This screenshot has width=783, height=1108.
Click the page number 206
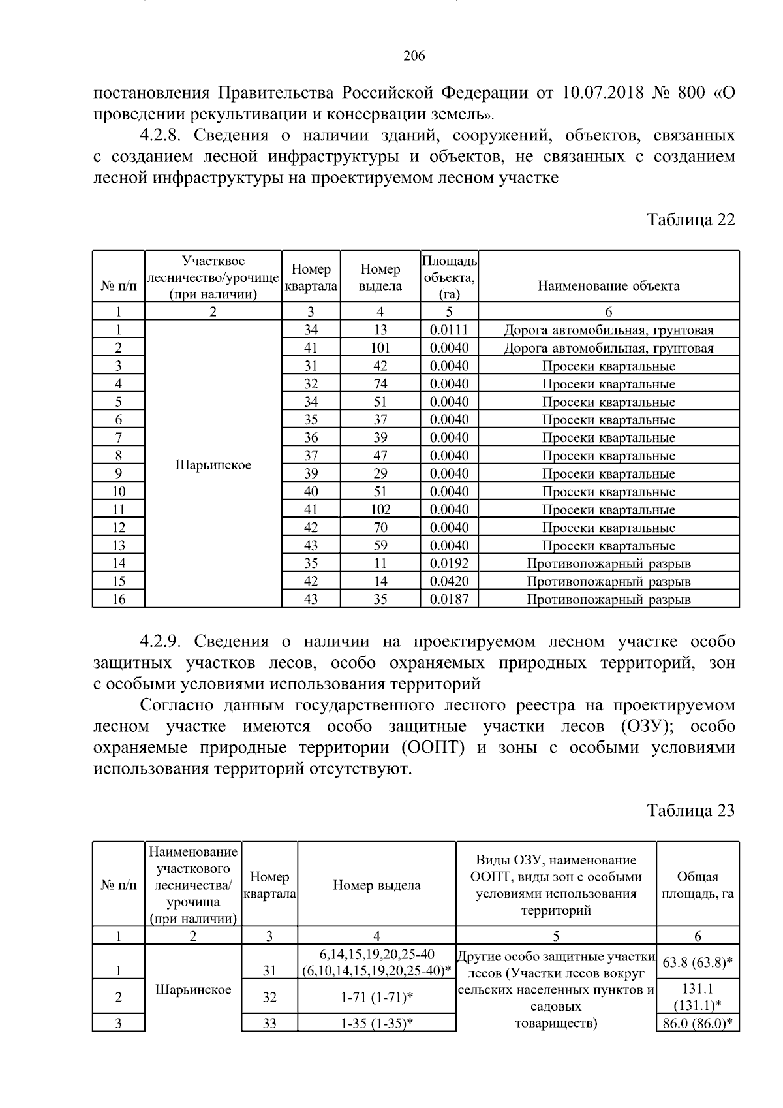(x=414, y=56)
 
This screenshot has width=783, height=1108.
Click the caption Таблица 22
(x=690, y=219)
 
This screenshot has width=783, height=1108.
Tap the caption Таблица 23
(x=690, y=811)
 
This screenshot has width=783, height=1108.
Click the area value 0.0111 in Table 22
(x=449, y=330)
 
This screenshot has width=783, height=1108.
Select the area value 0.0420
(x=449, y=582)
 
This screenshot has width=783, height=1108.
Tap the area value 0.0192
(x=449, y=563)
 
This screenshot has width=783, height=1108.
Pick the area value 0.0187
(x=449, y=599)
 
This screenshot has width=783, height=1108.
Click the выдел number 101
(x=380, y=348)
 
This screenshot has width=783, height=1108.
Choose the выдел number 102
(x=380, y=510)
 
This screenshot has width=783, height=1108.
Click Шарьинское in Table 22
(x=213, y=466)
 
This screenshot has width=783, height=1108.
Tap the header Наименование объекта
(x=608, y=286)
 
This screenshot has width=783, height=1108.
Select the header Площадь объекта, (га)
(x=449, y=277)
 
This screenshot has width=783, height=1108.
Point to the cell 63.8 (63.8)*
(x=698, y=962)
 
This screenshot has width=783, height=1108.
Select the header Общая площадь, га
(x=698, y=885)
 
